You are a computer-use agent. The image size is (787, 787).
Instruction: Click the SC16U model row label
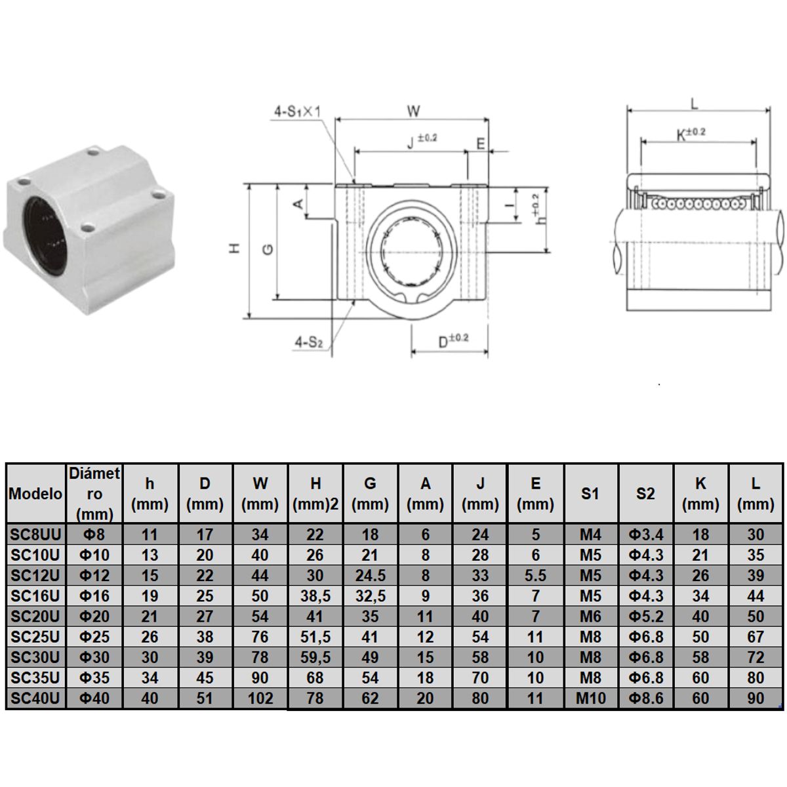[x=35, y=596]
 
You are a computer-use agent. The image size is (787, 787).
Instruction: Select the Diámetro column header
[x=94, y=493]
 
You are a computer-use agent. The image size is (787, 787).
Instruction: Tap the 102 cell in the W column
[x=260, y=698]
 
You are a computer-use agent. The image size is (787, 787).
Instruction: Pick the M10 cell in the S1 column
[x=590, y=698]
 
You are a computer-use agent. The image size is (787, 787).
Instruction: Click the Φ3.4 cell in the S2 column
[x=645, y=535]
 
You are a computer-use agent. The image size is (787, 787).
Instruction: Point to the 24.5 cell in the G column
[x=370, y=576]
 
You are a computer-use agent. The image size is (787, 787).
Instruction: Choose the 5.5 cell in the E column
[x=535, y=576]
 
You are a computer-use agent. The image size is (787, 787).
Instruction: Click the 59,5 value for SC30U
[x=315, y=657]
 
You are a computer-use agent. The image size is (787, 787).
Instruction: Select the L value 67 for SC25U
[x=756, y=637]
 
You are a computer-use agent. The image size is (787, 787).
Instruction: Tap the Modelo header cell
[x=35, y=494]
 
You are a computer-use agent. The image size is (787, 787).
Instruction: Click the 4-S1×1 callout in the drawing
[x=296, y=111]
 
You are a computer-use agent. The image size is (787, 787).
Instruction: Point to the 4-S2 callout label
[x=309, y=341]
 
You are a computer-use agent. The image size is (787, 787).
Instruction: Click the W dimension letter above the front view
[x=413, y=111]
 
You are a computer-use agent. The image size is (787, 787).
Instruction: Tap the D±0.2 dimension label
[x=453, y=340]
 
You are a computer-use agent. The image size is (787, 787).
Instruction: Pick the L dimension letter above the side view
[x=695, y=104]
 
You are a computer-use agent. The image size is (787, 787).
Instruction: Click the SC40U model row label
[x=35, y=698]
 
